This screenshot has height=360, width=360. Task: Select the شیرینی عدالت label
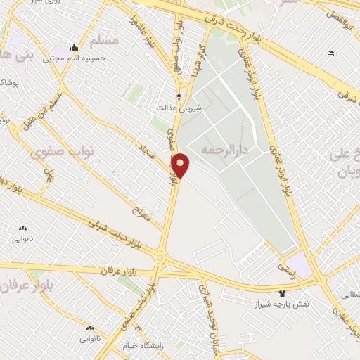tap(178, 108)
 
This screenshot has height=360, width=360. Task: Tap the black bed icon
tap(330, 53)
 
